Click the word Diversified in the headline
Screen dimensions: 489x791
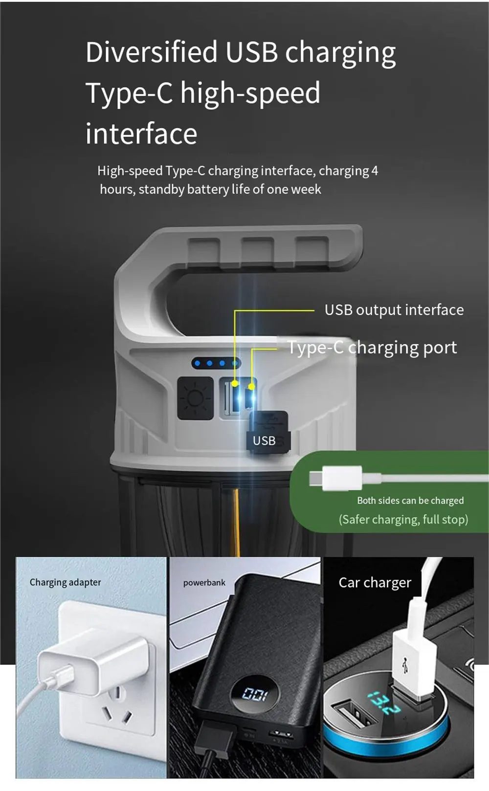[152, 52]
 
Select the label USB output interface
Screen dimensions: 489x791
[394, 310]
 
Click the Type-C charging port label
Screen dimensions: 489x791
[373, 348]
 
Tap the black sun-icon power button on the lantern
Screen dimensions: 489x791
[195, 398]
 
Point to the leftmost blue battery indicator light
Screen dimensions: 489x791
[198, 363]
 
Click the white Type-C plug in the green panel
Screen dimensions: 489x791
[335, 478]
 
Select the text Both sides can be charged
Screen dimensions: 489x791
[410, 501]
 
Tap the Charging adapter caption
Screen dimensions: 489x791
[66, 582]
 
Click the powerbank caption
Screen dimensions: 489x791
[204, 583]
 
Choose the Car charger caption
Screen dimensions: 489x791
[375, 583]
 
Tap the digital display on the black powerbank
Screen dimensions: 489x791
[254, 695]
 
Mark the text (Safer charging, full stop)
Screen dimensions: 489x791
[403, 520]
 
